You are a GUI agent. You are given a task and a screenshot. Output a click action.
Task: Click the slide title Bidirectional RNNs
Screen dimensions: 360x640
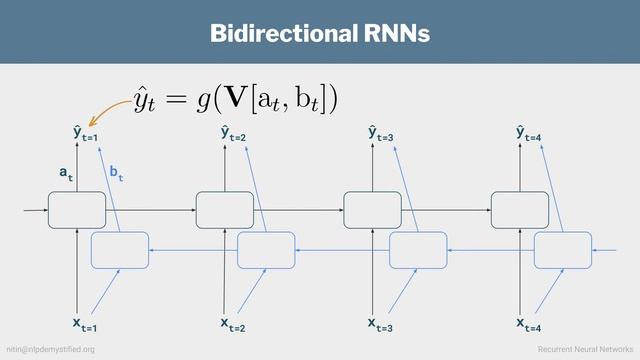320,33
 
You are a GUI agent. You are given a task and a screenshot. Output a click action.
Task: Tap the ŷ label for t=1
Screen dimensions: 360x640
83,134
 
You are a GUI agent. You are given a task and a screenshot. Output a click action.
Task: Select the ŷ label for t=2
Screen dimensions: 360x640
232,134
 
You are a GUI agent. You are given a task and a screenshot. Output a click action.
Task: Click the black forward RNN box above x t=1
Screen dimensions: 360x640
77,210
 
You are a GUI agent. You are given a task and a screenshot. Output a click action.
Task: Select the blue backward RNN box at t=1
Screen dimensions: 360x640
120,250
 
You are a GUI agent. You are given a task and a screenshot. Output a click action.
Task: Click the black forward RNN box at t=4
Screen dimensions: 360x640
520,210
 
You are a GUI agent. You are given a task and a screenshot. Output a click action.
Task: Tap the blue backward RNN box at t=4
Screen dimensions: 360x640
563,250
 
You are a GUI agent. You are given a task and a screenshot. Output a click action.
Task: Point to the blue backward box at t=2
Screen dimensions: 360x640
266,250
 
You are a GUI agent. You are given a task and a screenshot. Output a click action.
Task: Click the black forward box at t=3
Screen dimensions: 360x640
372,210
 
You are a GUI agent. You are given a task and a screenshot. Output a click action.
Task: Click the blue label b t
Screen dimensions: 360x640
116,175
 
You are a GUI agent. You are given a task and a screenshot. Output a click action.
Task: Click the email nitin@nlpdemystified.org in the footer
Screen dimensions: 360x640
51,349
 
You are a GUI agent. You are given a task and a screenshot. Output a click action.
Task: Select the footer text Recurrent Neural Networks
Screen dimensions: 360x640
585,349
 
